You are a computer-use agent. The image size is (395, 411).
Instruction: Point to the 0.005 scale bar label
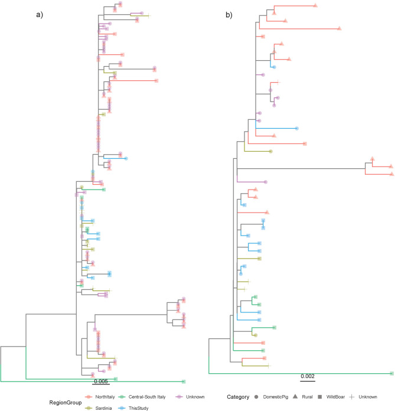coord(101,381)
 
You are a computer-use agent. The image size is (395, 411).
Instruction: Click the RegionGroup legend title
coord(24,402)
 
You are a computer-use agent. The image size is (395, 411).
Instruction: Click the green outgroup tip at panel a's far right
coord(184,381)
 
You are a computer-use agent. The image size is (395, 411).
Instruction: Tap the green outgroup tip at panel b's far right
coord(391,373)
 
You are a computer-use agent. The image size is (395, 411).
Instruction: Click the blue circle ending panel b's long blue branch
coord(296,128)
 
